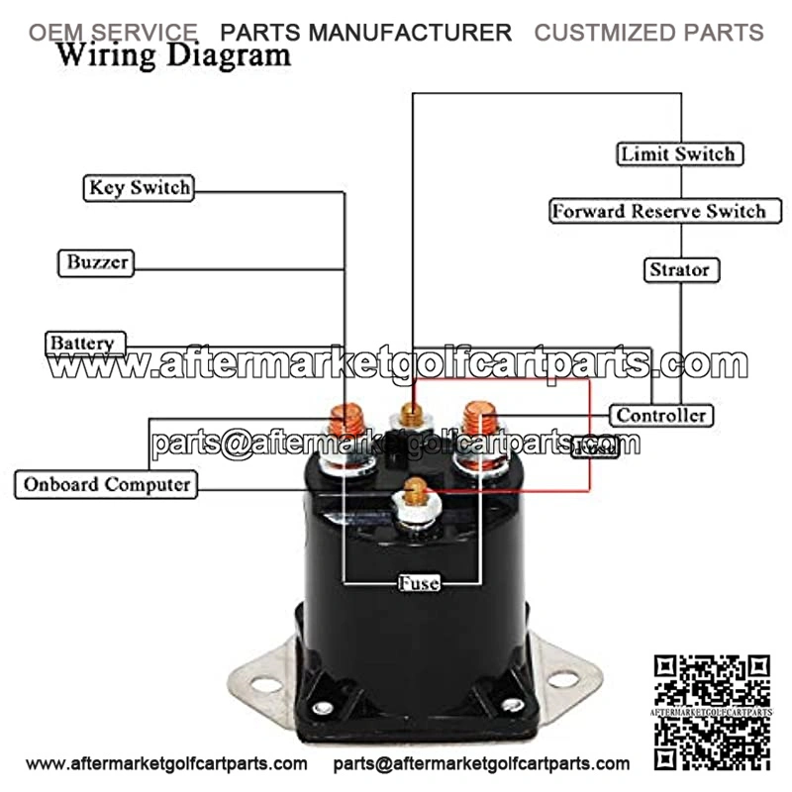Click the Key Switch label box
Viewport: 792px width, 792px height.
139,187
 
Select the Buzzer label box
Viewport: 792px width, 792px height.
97,262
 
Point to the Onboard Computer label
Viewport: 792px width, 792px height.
107,484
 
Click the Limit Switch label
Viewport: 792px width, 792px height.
679,154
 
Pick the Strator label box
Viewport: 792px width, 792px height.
679,269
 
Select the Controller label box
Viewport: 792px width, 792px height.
661,415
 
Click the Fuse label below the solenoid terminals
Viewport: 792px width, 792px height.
418,582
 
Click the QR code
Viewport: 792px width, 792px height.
713,711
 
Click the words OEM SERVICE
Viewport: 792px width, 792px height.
112,32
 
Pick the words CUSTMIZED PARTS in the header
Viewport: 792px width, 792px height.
649,32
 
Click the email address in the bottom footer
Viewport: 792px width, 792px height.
481,763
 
